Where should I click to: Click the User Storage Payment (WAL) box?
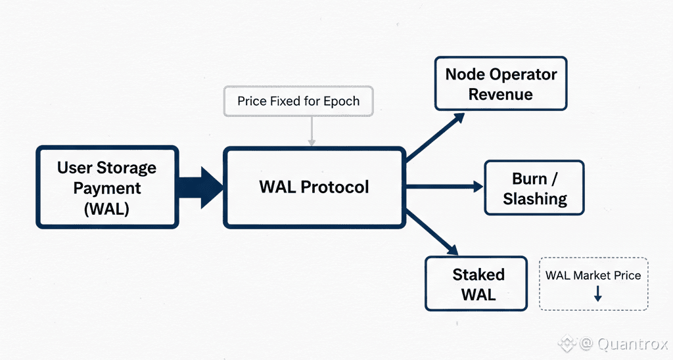107,187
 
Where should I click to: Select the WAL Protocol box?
313,187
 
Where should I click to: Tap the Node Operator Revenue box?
501,83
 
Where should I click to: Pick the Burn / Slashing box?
534,188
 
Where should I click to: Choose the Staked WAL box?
476,283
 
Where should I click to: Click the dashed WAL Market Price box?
593,283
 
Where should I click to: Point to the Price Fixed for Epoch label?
298,101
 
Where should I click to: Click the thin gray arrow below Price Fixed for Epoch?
312,131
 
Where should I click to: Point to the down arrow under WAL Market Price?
597,294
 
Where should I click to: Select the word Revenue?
501,94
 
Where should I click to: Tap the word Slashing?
534,198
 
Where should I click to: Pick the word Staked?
478,274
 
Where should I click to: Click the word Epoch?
342,101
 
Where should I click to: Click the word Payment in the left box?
107,188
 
